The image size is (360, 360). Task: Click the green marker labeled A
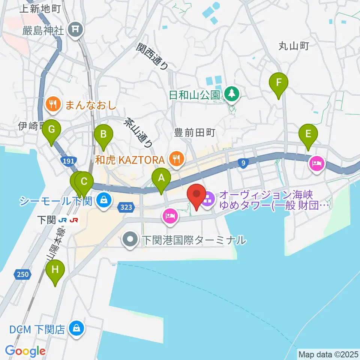161,178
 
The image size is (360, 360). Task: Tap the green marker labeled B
103,134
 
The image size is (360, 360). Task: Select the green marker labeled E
308,134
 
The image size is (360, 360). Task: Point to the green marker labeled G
51,130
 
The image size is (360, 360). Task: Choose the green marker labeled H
55,270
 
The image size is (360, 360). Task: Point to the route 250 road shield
22,275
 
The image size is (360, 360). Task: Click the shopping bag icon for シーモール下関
103,199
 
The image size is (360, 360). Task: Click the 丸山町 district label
293,46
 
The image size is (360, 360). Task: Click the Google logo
25,351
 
